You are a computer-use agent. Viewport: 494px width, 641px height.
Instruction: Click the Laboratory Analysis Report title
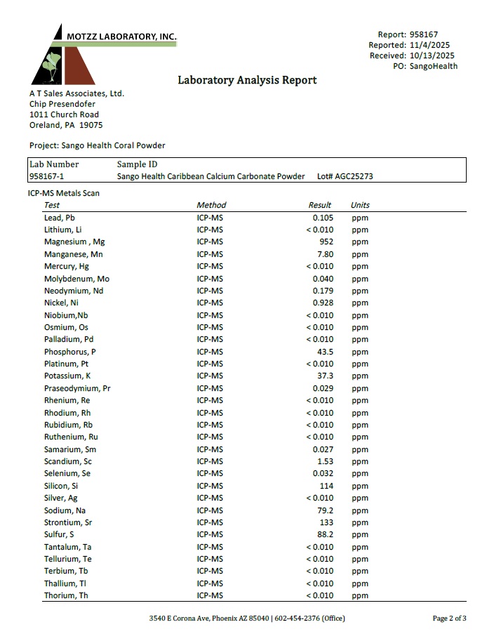click(x=247, y=80)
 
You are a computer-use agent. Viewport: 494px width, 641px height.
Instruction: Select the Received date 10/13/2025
click(x=432, y=55)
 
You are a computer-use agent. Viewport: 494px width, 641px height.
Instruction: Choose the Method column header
click(x=211, y=205)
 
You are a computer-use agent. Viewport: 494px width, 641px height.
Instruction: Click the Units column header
click(x=360, y=205)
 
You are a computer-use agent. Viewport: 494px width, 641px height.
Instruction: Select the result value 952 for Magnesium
click(x=325, y=242)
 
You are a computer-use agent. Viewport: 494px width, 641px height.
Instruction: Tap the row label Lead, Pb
click(x=59, y=218)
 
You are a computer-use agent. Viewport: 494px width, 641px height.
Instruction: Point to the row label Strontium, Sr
click(x=67, y=522)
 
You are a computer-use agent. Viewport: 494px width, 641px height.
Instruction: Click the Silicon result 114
click(x=326, y=486)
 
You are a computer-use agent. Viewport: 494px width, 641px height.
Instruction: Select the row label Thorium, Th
click(x=66, y=596)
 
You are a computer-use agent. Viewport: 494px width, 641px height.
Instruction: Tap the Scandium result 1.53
click(x=324, y=461)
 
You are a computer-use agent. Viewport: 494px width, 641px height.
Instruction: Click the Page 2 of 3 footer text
click(x=449, y=619)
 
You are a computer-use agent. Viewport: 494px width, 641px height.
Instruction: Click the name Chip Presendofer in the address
click(x=62, y=104)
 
